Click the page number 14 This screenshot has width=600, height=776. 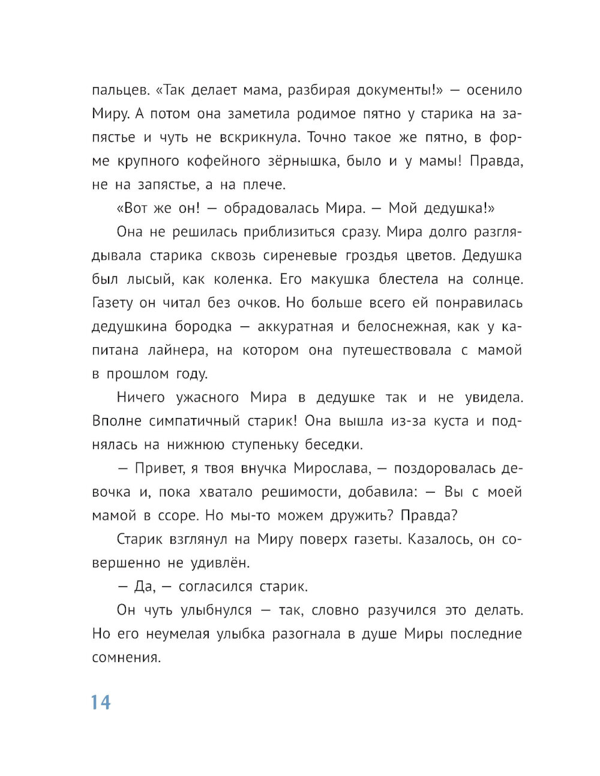coord(101,702)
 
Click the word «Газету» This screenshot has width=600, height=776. coord(113,303)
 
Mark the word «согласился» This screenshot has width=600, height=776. coord(208,586)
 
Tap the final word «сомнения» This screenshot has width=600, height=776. coord(127,658)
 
